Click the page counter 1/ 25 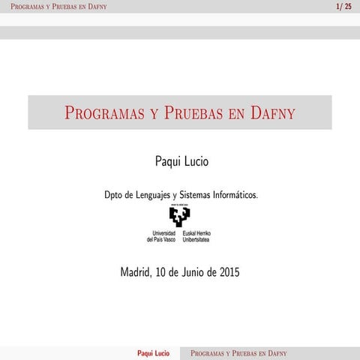coord(343,7)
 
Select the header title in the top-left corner coord(53,7)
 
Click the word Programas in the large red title coord(105,113)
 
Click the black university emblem coord(180,217)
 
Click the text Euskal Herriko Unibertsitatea coord(197,236)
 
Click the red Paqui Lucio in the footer coord(154,352)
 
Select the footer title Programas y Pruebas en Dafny coord(239,352)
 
